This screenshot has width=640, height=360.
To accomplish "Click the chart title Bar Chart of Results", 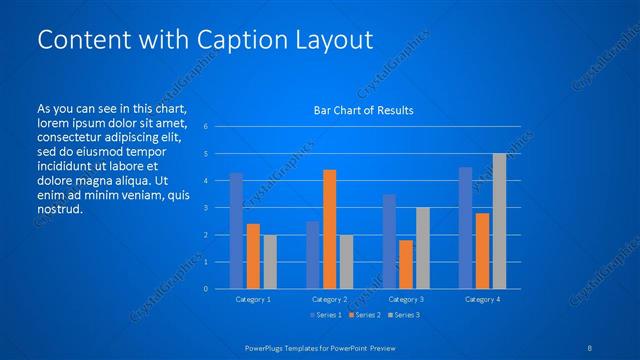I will tap(364, 110).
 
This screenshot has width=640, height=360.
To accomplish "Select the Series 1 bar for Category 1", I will tap(236, 231).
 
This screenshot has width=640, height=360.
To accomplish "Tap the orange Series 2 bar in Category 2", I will tap(330, 229).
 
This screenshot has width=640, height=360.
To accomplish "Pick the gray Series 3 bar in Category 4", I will tap(500, 221).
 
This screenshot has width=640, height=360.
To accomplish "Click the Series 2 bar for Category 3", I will tap(406, 264).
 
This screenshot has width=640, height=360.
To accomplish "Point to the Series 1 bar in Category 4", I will tap(465, 228).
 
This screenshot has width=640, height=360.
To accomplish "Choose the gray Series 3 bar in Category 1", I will tap(270, 262).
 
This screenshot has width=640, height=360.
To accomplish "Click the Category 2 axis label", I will tap(330, 299).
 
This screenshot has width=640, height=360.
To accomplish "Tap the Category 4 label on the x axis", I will tap(482, 299).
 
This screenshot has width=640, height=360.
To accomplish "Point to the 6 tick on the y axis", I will tap(205, 127).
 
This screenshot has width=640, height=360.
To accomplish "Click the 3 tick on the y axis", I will tap(205, 208).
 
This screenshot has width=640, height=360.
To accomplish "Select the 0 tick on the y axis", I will tap(205, 289).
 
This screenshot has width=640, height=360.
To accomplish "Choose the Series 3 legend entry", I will tap(404, 315).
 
